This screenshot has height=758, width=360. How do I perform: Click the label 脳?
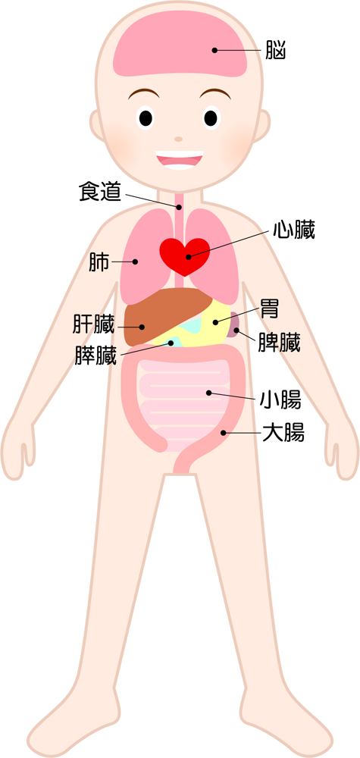point(276,50)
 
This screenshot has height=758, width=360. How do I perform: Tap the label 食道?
point(99,193)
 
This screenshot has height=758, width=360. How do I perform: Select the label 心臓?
point(294,230)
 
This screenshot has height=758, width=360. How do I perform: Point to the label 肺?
point(99,262)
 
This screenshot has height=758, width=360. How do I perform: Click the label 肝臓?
point(94,324)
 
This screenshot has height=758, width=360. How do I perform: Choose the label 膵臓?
point(95,356)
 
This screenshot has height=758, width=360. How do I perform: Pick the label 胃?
point(270,308)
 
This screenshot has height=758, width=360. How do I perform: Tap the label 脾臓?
point(280,343)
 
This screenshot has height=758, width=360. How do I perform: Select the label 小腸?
point(280,400)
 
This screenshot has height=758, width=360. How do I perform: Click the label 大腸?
point(283,433)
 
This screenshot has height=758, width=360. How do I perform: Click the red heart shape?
point(185,256)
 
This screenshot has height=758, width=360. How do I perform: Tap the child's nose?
point(179,139)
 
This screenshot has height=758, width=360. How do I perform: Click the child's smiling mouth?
point(180,160)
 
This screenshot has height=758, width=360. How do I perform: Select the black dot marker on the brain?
point(214,50)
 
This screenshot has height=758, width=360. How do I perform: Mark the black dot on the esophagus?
point(179,207)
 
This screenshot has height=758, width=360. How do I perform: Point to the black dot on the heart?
point(189,257)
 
